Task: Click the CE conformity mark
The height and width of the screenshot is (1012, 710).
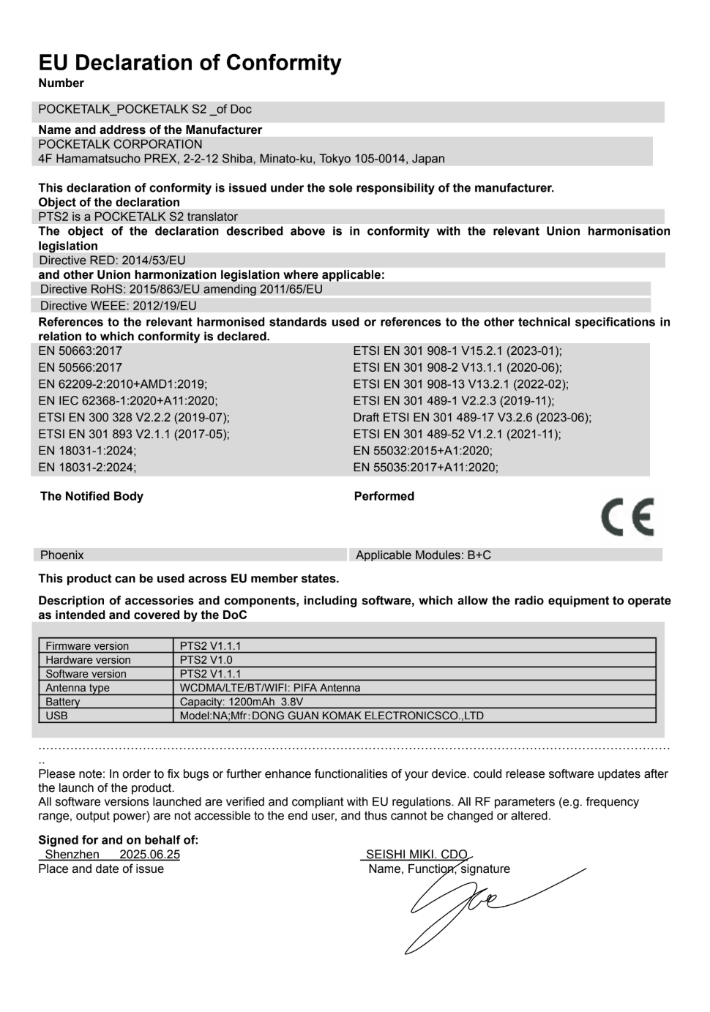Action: click(x=627, y=517)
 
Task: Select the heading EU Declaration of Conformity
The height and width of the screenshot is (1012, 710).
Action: click(x=190, y=63)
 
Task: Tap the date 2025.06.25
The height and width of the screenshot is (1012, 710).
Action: click(x=149, y=854)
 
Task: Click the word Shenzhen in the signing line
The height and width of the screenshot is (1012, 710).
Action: click(x=72, y=854)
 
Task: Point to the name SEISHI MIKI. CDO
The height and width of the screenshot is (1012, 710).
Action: click(x=416, y=854)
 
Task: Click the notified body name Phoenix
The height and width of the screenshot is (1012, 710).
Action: click(x=62, y=555)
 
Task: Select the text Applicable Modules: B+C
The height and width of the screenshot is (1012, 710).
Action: click(x=423, y=555)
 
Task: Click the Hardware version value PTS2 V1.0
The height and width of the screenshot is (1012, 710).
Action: click(x=206, y=659)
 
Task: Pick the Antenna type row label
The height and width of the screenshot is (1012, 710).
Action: click(x=78, y=687)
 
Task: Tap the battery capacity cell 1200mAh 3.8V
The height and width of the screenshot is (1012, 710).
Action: click(x=242, y=701)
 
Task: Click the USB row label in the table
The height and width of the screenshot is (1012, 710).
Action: click(x=56, y=715)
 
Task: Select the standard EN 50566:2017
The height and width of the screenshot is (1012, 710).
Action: click(x=80, y=367)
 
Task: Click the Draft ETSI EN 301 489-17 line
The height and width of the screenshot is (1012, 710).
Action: click(x=472, y=417)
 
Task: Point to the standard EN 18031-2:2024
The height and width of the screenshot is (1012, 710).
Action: click(x=87, y=467)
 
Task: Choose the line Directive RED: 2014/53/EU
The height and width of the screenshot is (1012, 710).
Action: click(x=113, y=260)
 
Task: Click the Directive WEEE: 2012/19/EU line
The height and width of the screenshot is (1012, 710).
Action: click(x=118, y=305)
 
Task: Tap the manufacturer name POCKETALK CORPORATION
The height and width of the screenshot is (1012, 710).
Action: click(x=120, y=144)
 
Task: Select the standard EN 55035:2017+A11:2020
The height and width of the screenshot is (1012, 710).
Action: click(x=425, y=467)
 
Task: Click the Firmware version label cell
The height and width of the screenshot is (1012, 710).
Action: click(x=87, y=645)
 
